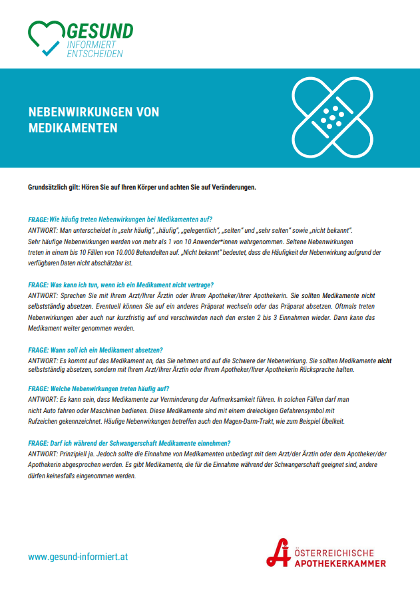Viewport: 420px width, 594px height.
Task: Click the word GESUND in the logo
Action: [101, 31]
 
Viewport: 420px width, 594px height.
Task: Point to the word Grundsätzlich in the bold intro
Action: [48, 187]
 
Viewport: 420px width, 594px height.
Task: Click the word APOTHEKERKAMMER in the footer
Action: [341, 563]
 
